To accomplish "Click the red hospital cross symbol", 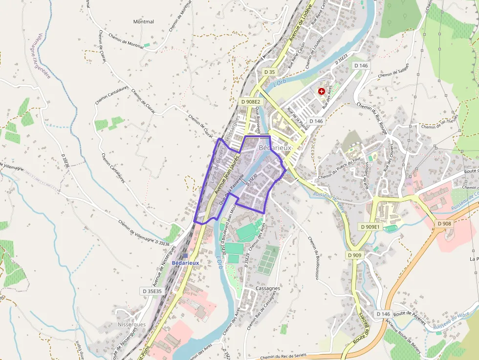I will (x=322, y=91).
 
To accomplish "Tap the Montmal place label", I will (x=143, y=21).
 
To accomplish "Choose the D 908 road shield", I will (x=445, y=223).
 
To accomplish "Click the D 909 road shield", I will (x=355, y=255).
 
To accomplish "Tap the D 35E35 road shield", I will (x=152, y=291).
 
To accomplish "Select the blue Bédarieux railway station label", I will (x=185, y=263).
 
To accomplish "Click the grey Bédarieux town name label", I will (x=275, y=147).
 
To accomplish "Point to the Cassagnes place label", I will (x=268, y=288).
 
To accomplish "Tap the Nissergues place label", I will (x=131, y=324).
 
